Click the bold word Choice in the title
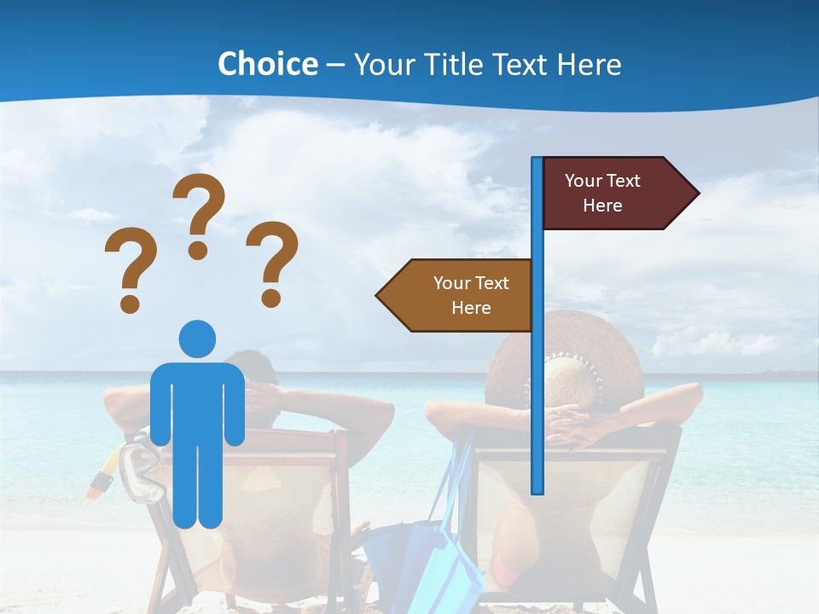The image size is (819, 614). [x=267, y=64]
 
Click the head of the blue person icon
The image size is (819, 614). [x=197, y=339]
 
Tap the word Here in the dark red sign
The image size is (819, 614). [x=602, y=206]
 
